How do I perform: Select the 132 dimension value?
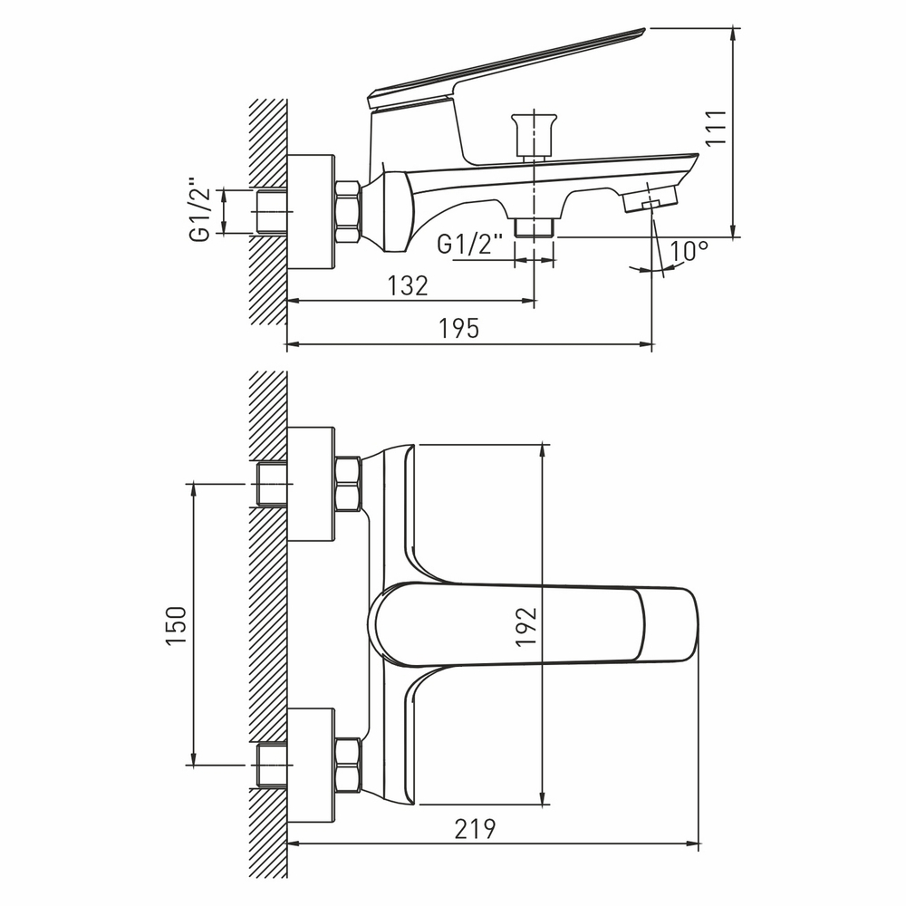point(407,284)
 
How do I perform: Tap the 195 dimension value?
point(459,328)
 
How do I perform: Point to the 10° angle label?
point(689,251)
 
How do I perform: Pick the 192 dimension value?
point(526,625)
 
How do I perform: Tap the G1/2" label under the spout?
point(471,244)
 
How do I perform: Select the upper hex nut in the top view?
point(348,483)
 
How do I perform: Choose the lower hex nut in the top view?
point(348,765)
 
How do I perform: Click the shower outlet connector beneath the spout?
point(534,226)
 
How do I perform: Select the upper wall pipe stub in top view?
point(272,484)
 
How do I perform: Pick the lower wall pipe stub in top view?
point(272,766)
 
